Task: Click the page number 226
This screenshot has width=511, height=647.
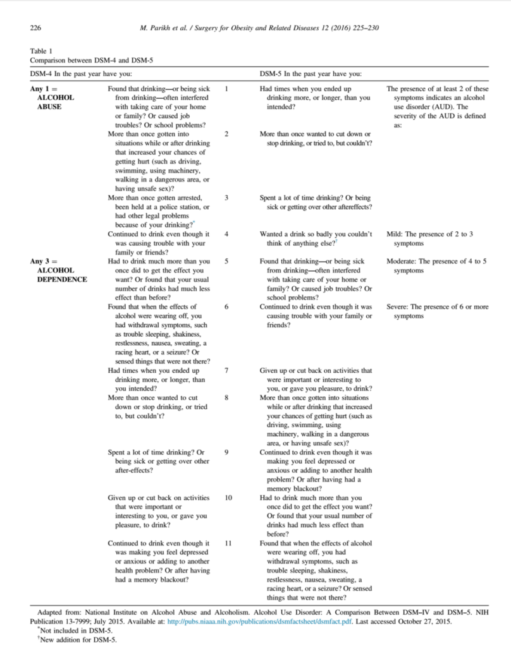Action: (x=36, y=28)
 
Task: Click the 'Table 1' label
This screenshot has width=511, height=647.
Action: (x=42, y=51)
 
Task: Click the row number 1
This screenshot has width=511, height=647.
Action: (x=227, y=89)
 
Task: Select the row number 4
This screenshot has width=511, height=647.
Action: (x=227, y=234)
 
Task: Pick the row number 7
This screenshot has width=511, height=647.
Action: (x=227, y=370)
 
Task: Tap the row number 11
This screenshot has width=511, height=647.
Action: (x=228, y=543)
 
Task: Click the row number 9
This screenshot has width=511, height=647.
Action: (x=227, y=452)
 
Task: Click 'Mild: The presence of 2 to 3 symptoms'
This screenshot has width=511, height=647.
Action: (x=429, y=238)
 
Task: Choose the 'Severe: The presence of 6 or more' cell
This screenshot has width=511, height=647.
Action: (x=437, y=311)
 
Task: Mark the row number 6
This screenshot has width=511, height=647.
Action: (x=227, y=306)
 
